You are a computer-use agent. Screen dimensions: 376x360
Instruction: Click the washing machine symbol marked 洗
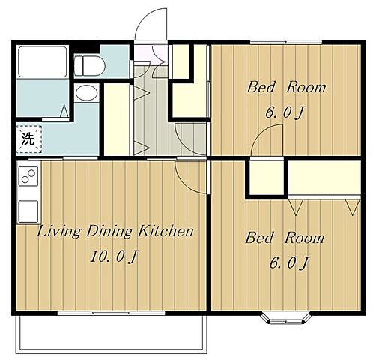(x=28, y=139)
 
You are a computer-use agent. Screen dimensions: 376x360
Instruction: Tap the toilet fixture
(x=90, y=66)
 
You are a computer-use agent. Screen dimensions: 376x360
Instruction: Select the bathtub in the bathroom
(x=43, y=61)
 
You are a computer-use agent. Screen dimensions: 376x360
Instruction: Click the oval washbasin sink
(x=86, y=93)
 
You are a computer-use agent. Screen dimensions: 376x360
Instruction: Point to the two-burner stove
(x=28, y=176)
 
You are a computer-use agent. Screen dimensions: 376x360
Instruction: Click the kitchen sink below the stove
(x=28, y=211)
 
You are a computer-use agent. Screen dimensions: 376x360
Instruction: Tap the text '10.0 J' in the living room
(x=114, y=256)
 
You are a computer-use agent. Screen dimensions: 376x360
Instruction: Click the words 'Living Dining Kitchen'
(x=115, y=231)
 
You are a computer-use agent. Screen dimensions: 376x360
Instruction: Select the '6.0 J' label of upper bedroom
(x=285, y=112)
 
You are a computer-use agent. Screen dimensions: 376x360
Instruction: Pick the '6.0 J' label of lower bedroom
(x=289, y=262)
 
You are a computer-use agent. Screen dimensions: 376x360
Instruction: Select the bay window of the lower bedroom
(x=286, y=318)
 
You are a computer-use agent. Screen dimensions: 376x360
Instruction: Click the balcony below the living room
(x=112, y=334)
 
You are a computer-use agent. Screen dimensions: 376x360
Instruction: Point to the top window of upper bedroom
(x=286, y=42)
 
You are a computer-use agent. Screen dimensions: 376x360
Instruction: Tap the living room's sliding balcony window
(x=112, y=313)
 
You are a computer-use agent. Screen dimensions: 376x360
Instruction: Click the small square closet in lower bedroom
(x=267, y=178)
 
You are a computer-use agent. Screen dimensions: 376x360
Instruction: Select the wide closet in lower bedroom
(x=324, y=178)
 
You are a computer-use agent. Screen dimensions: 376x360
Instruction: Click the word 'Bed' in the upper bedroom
(x=261, y=87)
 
